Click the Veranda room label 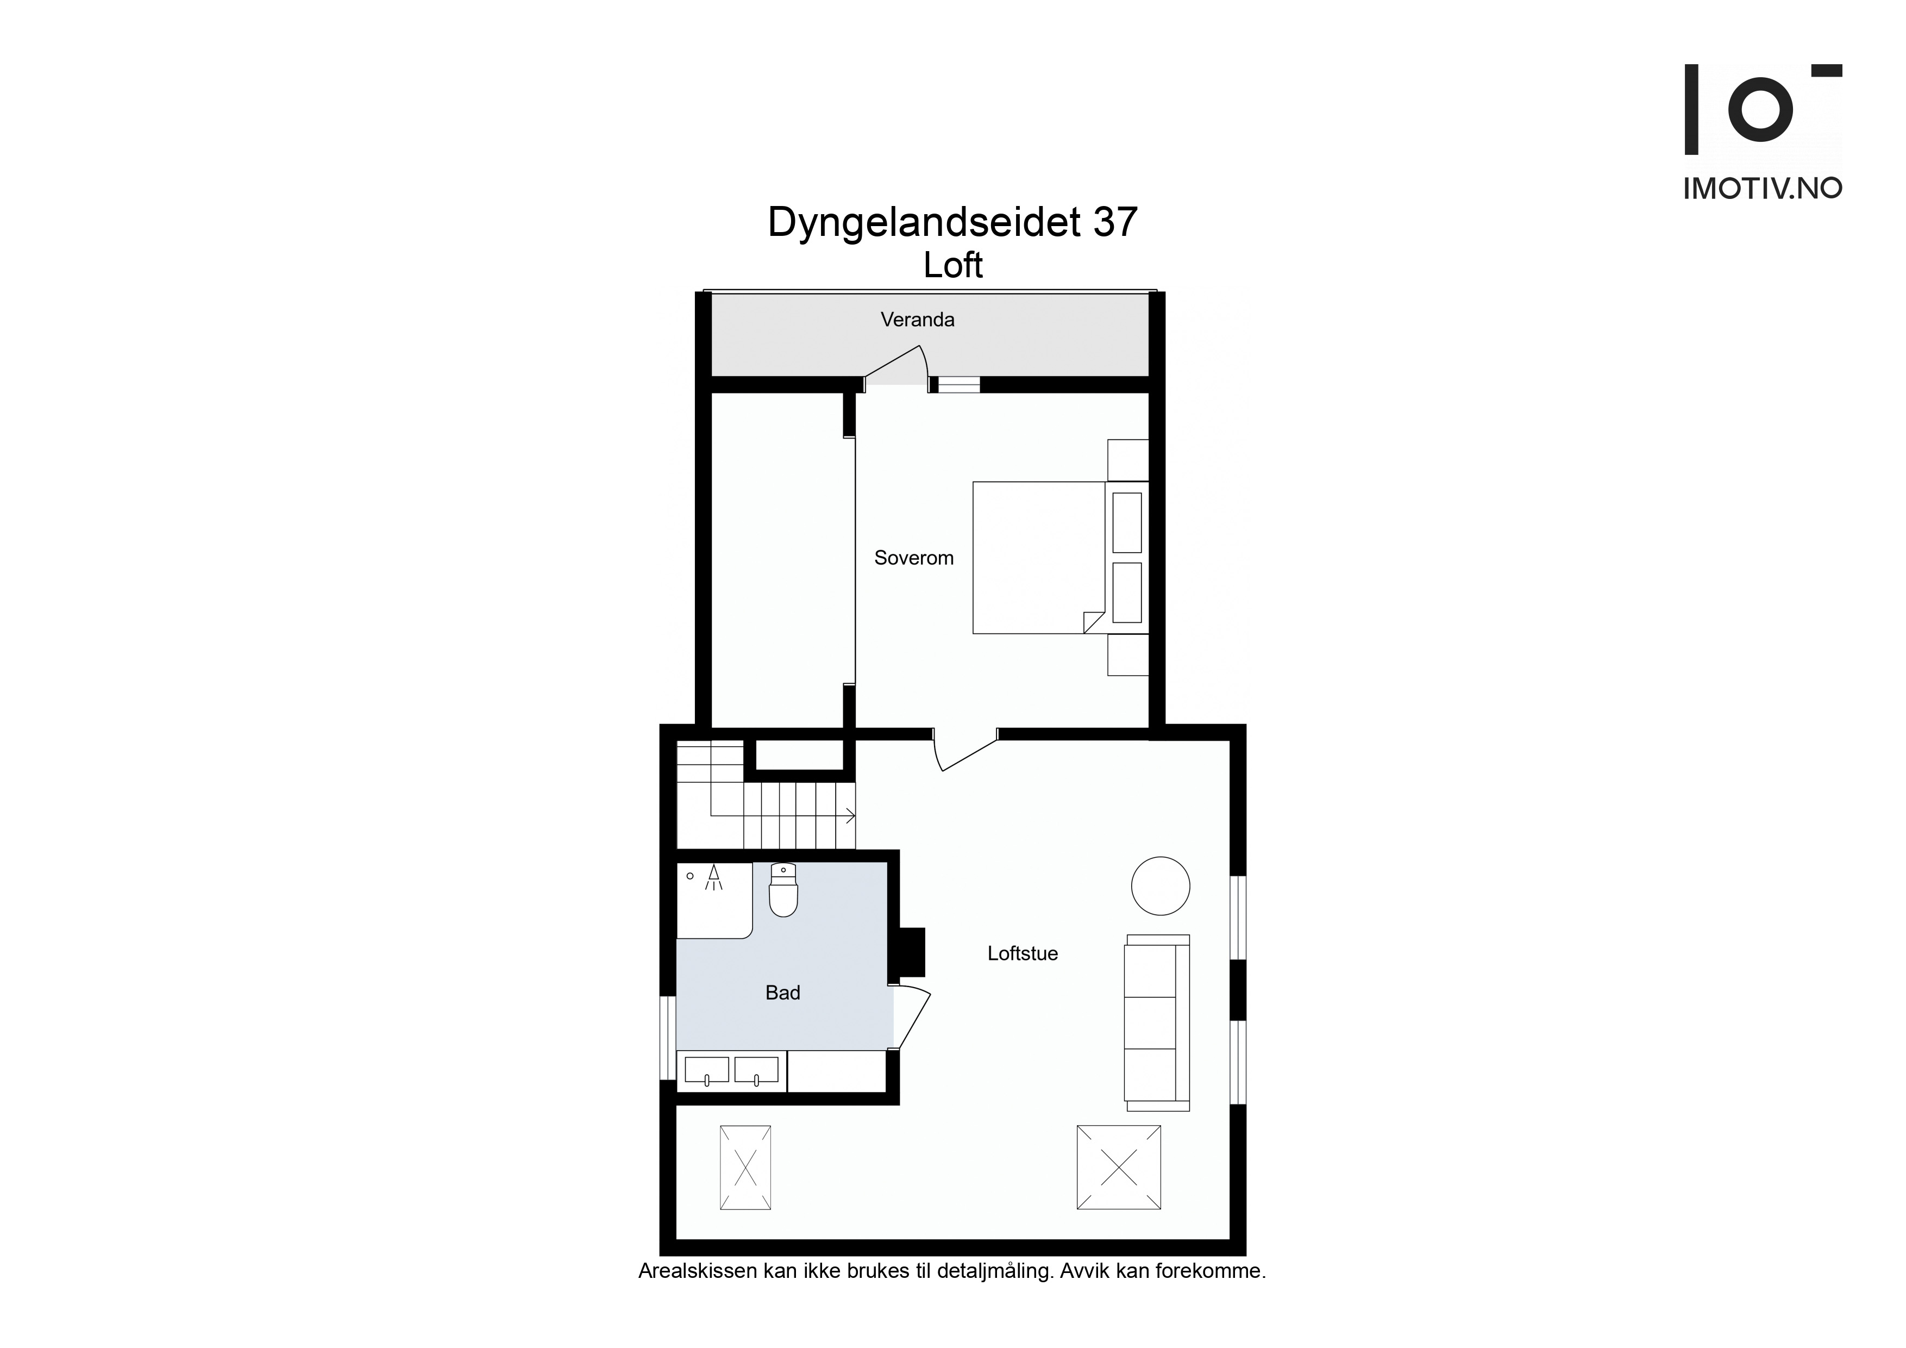click(x=917, y=320)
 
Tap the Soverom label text click(x=914, y=558)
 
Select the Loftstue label click(x=1023, y=953)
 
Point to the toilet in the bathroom click(x=783, y=890)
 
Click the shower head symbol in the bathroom click(x=712, y=878)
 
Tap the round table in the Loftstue click(x=1161, y=886)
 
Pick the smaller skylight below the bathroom click(x=745, y=1168)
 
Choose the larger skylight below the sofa click(x=1118, y=1167)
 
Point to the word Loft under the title click(x=953, y=266)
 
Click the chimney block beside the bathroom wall click(x=912, y=951)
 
